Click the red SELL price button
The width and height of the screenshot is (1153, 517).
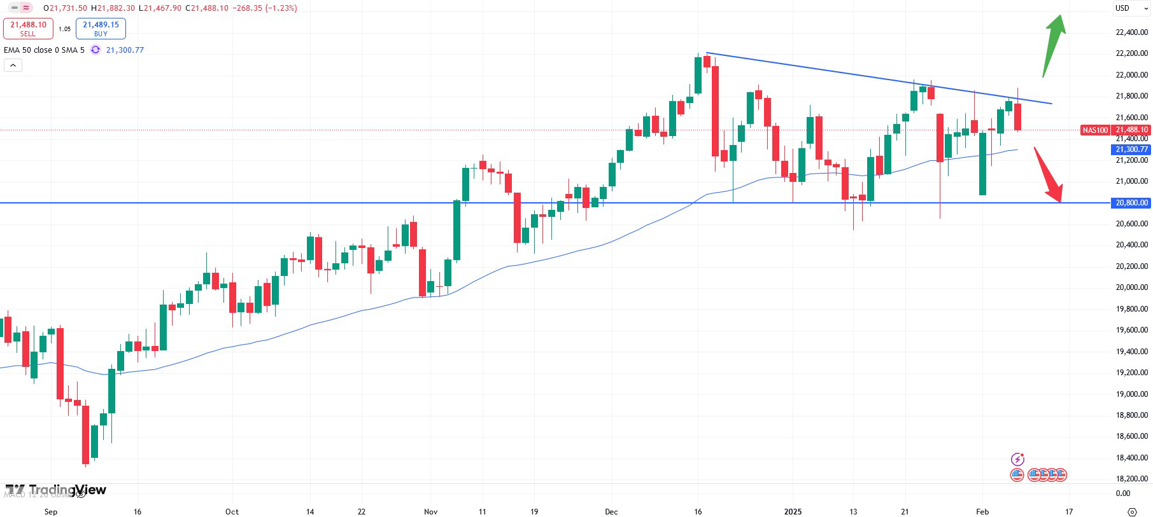(x=28, y=29)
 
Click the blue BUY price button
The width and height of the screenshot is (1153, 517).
(x=101, y=29)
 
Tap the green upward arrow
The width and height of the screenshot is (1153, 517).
(x=1054, y=45)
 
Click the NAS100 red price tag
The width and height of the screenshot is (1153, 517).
(x=1094, y=130)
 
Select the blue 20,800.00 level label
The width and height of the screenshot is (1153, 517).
(x=1131, y=203)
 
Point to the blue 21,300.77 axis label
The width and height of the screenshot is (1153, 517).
(x=1131, y=149)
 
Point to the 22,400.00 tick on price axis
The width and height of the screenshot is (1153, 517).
(x=1131, y=32)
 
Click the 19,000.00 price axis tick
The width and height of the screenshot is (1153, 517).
(x=1131, y=394)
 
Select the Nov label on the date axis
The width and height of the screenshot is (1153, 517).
(x=431, y=512)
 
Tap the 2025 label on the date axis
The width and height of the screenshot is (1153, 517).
(x=793, y=512)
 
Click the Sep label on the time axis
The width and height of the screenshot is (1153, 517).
(x=51, y=512)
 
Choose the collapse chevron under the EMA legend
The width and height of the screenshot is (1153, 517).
(x=13, y=65)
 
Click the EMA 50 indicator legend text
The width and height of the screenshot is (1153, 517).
(x=44, y=50)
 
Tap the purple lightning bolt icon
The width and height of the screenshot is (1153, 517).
(x=1017, y=459)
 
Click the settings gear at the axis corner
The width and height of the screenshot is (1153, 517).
(x=1132, y=512)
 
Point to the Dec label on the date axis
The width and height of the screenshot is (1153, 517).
(x=611, y=512)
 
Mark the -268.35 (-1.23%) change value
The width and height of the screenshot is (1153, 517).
(x=266, y=8)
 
